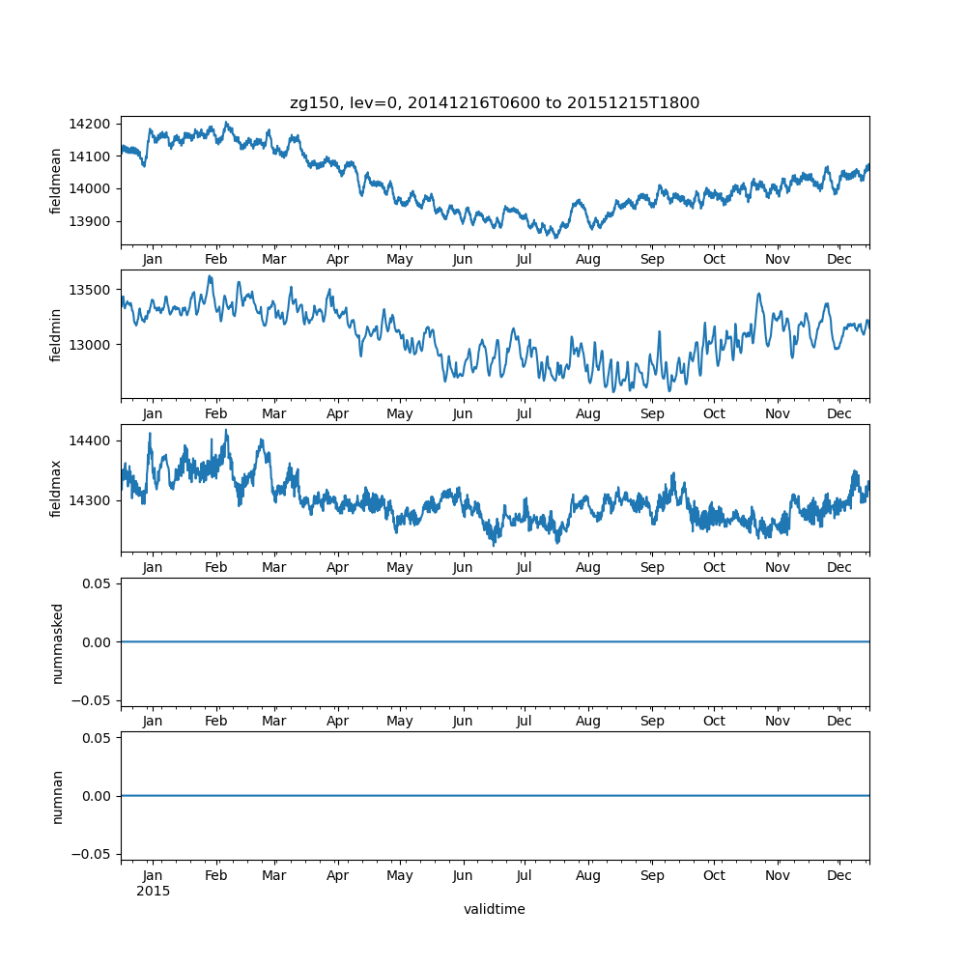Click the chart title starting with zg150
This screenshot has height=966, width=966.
coord(495,102)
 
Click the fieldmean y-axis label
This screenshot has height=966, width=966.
coord(56,182)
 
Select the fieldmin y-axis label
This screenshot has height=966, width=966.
coord(56,335)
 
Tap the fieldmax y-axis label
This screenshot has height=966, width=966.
coord(56,489)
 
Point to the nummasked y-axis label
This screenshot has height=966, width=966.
coord(57,642)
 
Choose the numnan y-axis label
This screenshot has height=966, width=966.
coord(57,796)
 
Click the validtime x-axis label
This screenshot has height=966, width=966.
coord(495,909)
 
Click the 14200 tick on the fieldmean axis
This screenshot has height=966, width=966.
coord(88,124)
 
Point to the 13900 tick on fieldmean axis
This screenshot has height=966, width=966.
coord(88,221)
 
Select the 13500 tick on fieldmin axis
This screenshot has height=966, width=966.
coord(88,290)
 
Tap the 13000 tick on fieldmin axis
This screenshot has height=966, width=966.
coord(88,344)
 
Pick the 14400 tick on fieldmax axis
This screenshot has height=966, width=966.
coord(88,440)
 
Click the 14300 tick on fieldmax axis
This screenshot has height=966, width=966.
coord(88,500)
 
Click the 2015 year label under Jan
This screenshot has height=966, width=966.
coord(153,891)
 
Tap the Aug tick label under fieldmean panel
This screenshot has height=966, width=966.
coord(588,259)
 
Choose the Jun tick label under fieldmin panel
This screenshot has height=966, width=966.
coord(463,413)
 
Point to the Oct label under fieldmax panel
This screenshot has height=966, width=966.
coord(714,567)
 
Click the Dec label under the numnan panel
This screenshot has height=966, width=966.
coord(839,875)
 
